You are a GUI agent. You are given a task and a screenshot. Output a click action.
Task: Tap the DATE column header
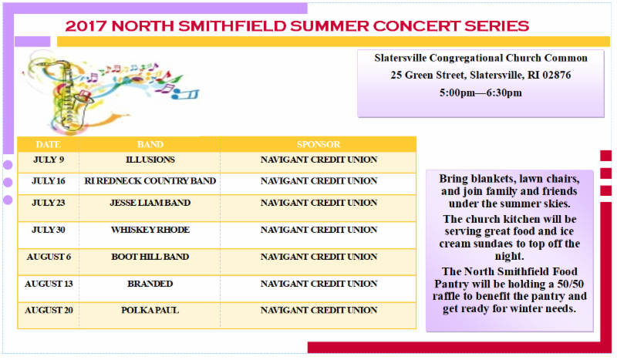pos(48,144)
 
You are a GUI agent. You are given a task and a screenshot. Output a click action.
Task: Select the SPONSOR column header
pos(319,144)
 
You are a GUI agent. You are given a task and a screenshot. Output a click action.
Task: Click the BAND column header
pos(150,144)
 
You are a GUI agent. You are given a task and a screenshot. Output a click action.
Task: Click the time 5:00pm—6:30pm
pos(480,93)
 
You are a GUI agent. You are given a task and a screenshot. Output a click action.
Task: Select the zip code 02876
pos(556,75)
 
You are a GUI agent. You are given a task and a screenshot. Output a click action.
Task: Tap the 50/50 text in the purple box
pos(570,284)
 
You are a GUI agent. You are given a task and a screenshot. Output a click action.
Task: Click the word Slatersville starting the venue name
pos(400,59)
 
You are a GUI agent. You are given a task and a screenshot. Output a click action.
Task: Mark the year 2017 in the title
pos(86,26)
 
